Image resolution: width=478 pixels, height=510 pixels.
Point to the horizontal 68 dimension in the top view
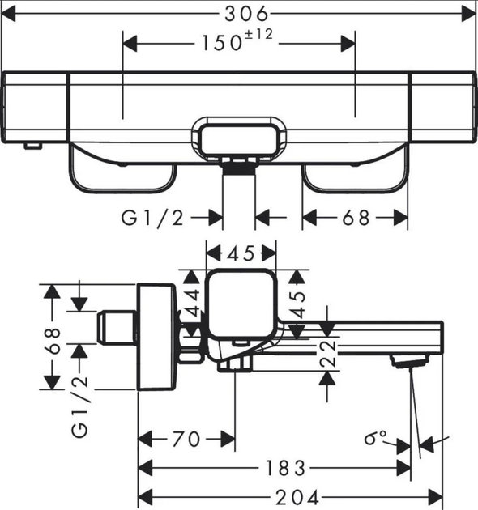(355, 218)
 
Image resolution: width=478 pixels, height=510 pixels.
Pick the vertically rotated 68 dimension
(52, 342)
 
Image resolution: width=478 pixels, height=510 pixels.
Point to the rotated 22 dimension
(326, 354)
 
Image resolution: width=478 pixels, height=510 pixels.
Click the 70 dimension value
(186, 439)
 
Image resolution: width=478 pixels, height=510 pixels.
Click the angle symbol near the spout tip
(376, 439)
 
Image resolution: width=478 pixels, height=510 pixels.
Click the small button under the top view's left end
(32, 146)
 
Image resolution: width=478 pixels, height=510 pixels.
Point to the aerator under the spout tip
(400, 362)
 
